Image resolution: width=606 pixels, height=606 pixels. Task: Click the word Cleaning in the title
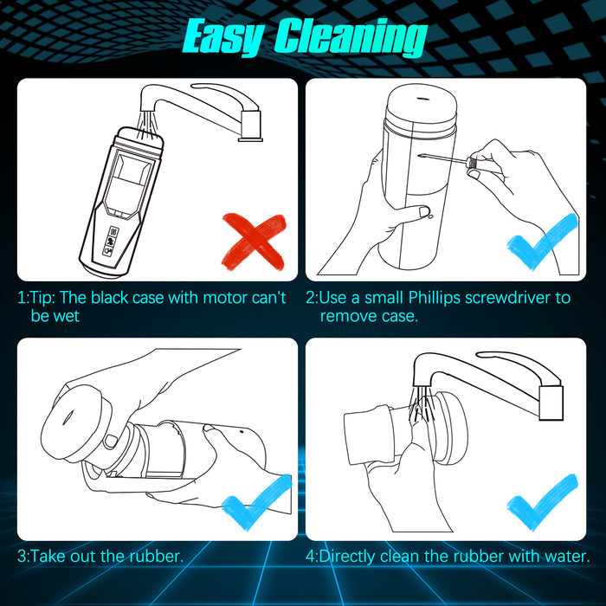tap(351, 36)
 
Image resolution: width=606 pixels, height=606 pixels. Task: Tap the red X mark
tap(254, 242)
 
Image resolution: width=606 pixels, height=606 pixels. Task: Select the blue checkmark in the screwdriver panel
tap(542, 242)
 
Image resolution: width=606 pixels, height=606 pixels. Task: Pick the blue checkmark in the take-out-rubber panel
tap(256, 501)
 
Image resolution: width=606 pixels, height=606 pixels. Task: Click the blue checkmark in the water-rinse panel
tap(542, 501)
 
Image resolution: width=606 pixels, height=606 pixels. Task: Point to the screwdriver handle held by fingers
tap(471, 163)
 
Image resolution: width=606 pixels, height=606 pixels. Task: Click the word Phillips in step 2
tap(435, 298)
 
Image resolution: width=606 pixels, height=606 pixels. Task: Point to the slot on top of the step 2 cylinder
tap(422, 99)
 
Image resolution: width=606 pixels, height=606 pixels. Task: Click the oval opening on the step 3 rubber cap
tap(68, 417)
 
